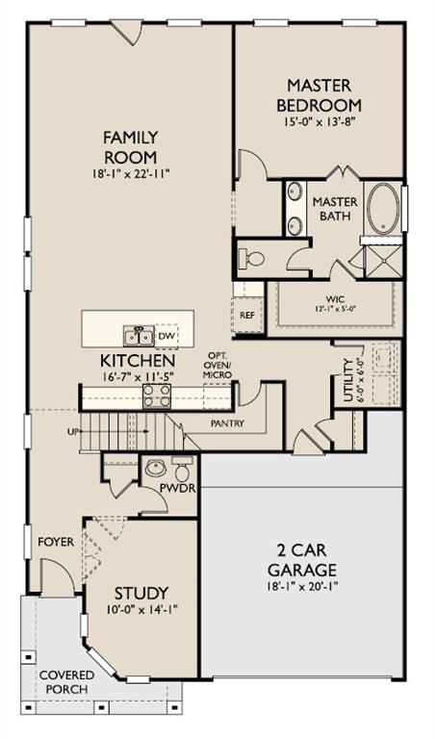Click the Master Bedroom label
(320, 95)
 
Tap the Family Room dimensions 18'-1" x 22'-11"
(131, 174)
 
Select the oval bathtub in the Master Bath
(383, 208)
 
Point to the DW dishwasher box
(166, 336)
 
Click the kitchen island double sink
(139, 336)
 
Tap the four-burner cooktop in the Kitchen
(157, 395)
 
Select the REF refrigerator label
(247, 316)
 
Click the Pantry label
(228, 423)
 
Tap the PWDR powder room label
(177, 488)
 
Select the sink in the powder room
(156, 468)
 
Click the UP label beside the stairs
(73, 431)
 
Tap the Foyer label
(56, 542)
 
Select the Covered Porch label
(67, 682)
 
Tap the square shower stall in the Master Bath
(384, 261)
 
